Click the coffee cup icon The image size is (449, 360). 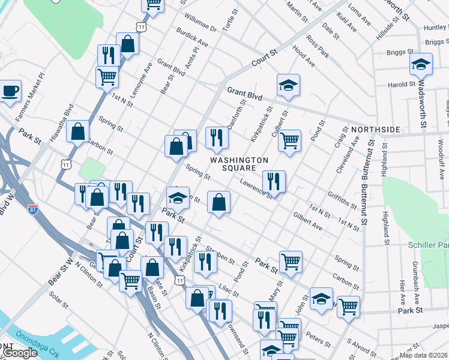[10, 91]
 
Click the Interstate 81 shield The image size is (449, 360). [34, 209]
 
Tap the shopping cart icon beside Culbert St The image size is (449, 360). [289, 141]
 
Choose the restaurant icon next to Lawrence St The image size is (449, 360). [274, 180]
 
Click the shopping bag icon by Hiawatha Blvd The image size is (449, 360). [78, 131]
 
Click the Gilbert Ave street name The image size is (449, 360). [308, 220]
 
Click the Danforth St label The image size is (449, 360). [239, 113]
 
